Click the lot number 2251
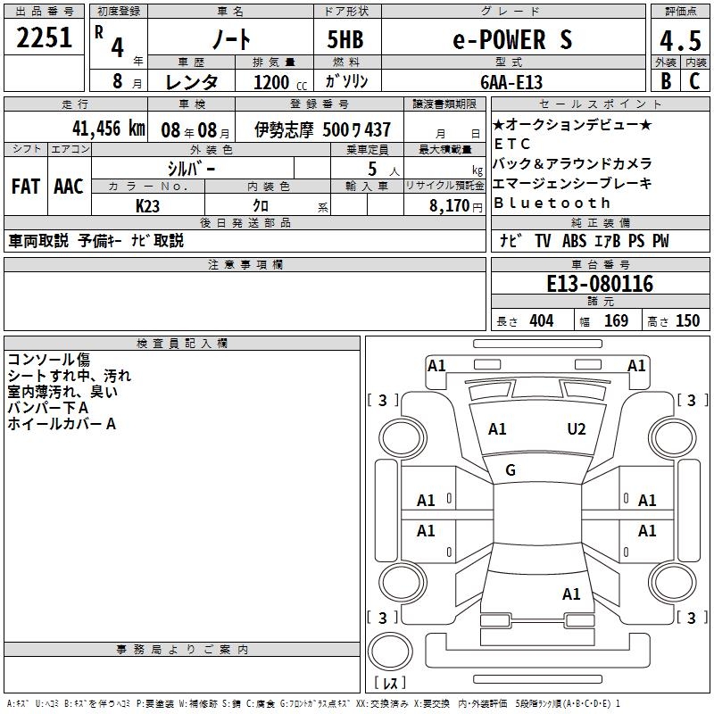click(x=45, y=40)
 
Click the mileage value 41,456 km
click(x=108, y=129)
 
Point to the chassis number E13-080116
click(x=599, y=285)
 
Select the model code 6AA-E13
click(x=511, y=81)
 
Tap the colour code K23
click(x=148, y=204)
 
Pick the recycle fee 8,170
click(x=450, y=204)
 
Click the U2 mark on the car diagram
click(x=577, y=429)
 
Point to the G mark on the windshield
click(x=511, y=470)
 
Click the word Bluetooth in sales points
click(x=552, y=203)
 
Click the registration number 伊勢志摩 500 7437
click(x=322, y=129)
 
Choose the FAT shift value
click(x=25, y=187)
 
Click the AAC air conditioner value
click(x=68, y=187)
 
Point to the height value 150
click(x=687, y=321)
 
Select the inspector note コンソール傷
click(x=48, y=360)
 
